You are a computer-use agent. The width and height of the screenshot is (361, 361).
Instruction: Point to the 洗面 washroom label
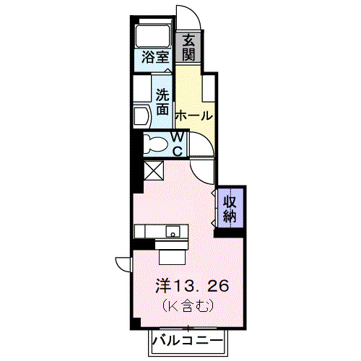coord(164,102)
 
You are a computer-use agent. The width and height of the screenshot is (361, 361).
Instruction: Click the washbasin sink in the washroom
coord(141,115)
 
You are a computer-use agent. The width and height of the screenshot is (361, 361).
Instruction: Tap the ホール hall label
coord(193,116)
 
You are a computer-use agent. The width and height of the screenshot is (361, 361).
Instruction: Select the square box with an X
coord(154,170)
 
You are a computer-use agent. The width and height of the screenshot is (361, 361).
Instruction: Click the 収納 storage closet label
coord(230,206)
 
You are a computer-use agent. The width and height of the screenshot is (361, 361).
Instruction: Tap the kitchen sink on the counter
coord(173,232)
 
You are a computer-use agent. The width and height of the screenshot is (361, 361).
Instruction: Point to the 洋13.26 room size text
coord(192,286)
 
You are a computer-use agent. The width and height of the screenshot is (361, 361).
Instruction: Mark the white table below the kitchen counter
coord(173,253)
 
